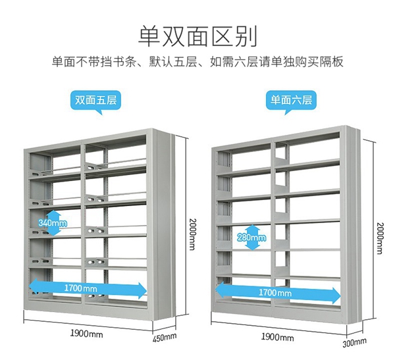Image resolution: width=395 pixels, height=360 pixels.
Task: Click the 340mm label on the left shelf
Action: pos(53,222)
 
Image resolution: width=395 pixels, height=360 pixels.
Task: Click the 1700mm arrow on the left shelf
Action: pos(88,288)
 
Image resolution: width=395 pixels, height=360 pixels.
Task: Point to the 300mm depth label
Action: pos(355,342)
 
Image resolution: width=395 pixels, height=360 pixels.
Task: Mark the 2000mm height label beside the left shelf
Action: pos(192,234)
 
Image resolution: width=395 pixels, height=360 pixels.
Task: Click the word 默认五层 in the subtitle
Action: pos(171,63)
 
